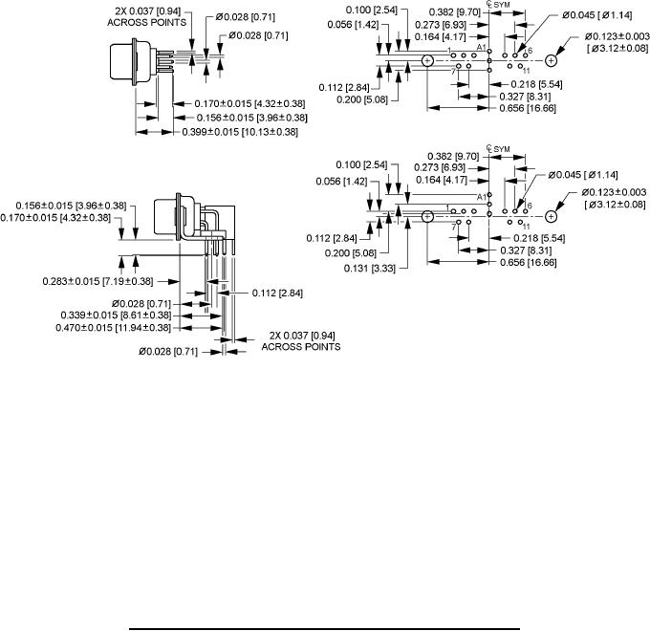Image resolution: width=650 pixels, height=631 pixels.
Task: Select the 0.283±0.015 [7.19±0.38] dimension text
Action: pyautogui.click(x=98, y=280)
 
